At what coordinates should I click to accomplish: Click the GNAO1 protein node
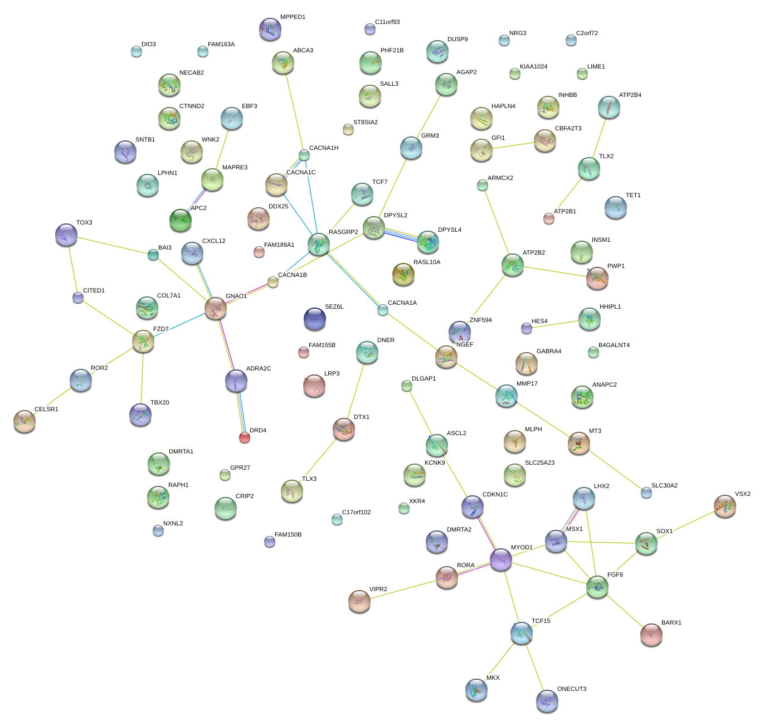[x=216, y=308]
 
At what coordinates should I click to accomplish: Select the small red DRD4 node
[x=245, y=437]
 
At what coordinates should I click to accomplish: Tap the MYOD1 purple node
[x=501, y=559]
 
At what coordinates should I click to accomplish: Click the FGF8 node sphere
[x=597, y=587]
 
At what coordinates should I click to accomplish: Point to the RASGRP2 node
[x=319, y=244]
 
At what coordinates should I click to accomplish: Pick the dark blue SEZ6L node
[x=315, y=319]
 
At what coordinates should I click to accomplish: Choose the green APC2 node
[x=181, y=221]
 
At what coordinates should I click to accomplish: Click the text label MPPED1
[x=293, y=17]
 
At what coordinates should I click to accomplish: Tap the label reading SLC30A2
[x=664, y=486]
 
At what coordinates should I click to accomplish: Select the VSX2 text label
[x=742, y=494]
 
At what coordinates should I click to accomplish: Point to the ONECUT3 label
[x=572, y=689]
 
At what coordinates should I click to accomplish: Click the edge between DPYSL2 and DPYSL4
[x=401, y=235]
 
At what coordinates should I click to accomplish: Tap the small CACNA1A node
[x=382, y=310]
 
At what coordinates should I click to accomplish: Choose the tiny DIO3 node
[x=137, y=52]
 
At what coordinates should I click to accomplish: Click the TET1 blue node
[x=616, y=207]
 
